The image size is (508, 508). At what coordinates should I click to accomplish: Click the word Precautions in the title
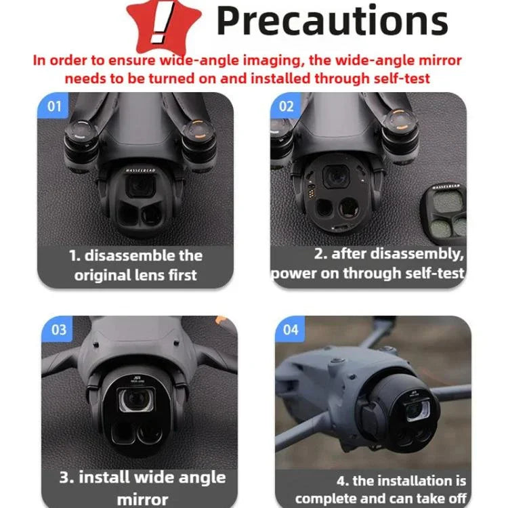click(x=331, y=22)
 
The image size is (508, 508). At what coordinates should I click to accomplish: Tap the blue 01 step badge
click(x=54, y=106)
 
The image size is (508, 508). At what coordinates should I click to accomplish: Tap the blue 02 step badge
click(x=287, y=106)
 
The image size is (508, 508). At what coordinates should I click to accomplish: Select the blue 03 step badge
click(x=58, y=330)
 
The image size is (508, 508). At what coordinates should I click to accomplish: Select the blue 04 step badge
click(x=291, y=330)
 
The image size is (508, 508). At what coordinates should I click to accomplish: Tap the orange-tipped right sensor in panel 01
click(x=197, y=127)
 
